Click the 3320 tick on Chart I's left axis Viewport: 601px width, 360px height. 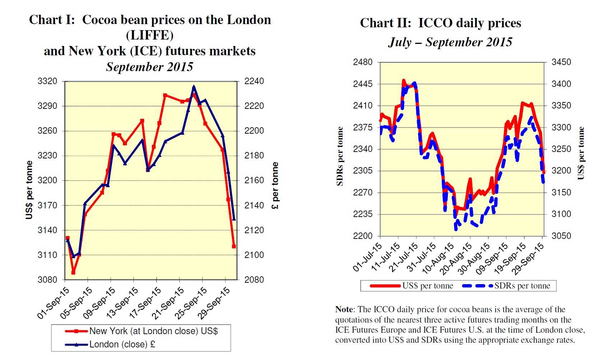tap(47, 82)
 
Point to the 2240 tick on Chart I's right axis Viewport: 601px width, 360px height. tap(254, 82)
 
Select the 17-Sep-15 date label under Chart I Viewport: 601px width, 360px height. tap(145, 303)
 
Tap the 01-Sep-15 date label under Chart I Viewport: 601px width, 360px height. tap(53, 303)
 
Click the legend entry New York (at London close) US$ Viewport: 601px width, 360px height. tap(153, 331)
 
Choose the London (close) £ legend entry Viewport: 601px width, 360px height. tap(122, 344)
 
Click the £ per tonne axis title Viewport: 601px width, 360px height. tap(275, 185)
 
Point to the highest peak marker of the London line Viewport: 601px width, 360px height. tap(194, 87)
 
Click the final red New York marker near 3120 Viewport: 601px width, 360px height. tap(234, 246)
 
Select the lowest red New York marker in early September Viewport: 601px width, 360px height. tap(73, 272)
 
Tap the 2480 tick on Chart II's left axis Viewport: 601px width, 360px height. tap(363, 62)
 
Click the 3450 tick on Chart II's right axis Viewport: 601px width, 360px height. tap(561, 62)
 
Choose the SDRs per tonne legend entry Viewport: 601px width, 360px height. tap(522, 286)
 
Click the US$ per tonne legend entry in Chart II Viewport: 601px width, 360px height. tap(427, 286)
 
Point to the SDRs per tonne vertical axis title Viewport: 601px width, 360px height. tap(340, 156)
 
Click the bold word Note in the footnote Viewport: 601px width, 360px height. tap(344, 309)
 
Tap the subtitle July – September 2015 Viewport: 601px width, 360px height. tap(450, 42)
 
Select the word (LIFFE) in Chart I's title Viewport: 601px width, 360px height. tap(150, 35)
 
